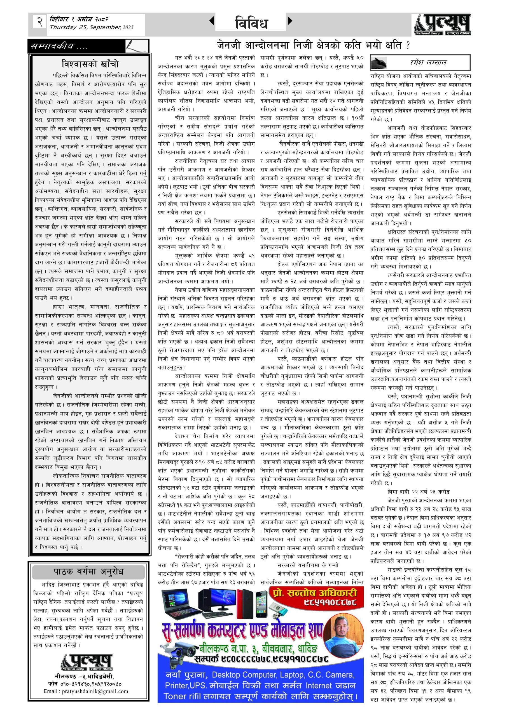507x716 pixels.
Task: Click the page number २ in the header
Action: tap(40, 22)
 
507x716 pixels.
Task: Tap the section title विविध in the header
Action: tap(251, 23)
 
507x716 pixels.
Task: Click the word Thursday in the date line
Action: tap(63, 27)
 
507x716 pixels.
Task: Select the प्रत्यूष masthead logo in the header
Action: tap(443, 25)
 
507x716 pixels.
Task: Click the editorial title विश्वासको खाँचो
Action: tap(90, 64)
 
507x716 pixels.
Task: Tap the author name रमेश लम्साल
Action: tap(428, 63)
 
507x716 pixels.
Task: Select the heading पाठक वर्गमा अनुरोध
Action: tap(88, 572)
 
